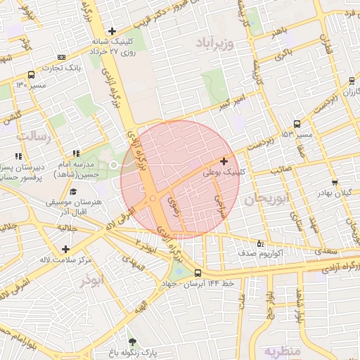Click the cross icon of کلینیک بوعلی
[224, 162]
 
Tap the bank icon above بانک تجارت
[62, 57]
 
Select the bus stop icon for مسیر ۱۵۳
[297, 124]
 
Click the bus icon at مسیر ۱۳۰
[31, 75]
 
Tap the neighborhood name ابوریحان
[268, 200]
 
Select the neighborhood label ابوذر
[91, 281]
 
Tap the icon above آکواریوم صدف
[262, 243]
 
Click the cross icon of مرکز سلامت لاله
[65, 250]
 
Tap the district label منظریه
[282, 349]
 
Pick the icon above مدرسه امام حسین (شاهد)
[75, 154]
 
